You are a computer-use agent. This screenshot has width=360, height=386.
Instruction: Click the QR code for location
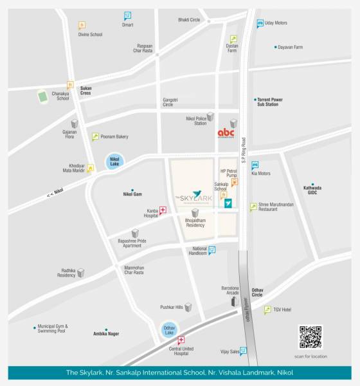(310, 338)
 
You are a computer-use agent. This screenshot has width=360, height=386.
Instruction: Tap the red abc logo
(226, 133)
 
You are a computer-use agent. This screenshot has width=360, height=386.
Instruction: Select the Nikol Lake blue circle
(114, 163)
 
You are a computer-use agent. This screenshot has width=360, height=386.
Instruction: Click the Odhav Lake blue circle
(169, 329)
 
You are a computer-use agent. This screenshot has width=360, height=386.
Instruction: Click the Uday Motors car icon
(260, 24)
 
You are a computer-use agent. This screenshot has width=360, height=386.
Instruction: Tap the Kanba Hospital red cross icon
(163, 209)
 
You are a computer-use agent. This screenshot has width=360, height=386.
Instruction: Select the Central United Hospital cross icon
(181, 340)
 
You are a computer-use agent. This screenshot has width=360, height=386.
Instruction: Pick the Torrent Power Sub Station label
(270, 102)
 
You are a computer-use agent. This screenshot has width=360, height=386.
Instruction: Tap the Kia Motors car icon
(255, 165)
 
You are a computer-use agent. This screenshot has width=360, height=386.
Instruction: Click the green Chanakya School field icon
(43, 96)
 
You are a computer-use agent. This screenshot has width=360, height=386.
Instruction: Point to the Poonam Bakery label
(114, 136)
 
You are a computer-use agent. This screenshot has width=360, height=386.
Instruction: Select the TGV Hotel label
(282, 309)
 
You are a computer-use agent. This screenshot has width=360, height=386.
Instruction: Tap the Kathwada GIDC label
(312, 190)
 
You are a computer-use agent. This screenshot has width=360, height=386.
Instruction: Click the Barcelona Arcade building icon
(233, 300)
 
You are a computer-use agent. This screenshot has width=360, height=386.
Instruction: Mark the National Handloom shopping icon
(212, 250)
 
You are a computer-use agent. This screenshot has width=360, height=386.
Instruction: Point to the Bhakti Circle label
(190, 20)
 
